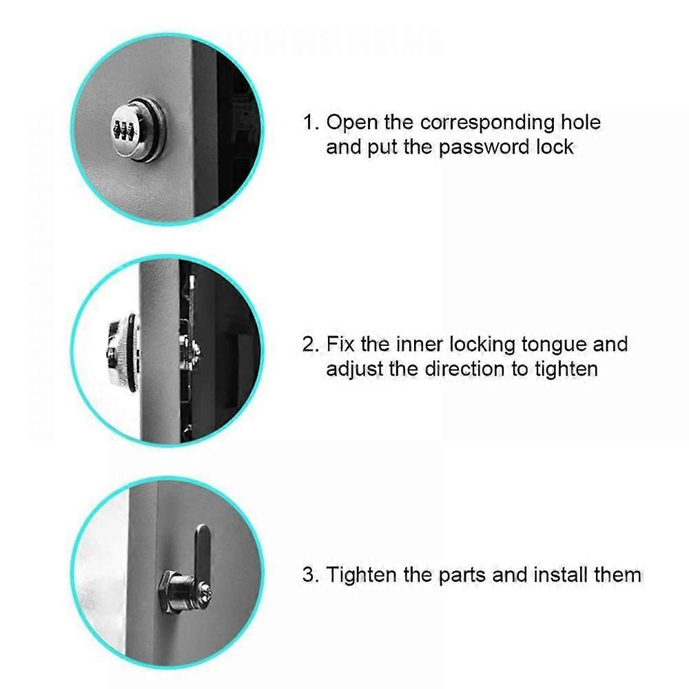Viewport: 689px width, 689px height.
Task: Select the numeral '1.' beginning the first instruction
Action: click(x=311, y=123)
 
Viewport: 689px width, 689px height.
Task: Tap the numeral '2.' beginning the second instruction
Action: click(x=311, y=344)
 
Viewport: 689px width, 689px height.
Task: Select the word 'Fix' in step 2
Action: click(x=342, y=344)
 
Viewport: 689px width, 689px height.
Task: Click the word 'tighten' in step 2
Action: click(x=565, y=369)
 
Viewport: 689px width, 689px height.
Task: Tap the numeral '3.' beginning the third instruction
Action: click(x=311, y=575)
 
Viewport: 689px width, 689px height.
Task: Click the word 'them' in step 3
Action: click(x=617, y=575)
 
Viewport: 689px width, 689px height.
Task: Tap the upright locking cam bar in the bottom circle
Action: click(x=201, y=551)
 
